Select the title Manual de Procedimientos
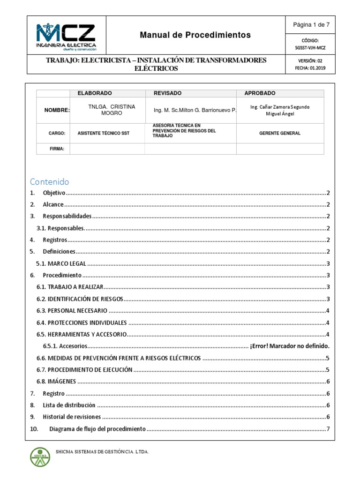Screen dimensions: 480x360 click(195, 35)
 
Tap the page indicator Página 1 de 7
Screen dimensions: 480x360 click(311, 25)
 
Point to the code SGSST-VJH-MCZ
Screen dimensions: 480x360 click(311, 48)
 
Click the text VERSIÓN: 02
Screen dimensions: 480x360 click(310, 61)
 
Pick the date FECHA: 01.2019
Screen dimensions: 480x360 click(310, 68)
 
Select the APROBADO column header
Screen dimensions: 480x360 click(260, 93)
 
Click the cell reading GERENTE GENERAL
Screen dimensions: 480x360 click(280, 134)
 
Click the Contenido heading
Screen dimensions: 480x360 click(49, 181)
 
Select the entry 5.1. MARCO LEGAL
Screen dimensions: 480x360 click(61, 263)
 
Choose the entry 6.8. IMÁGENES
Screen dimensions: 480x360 click(56, 382)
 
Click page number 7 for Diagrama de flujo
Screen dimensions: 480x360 click(329, 429)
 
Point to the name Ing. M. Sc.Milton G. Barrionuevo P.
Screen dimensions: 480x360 click(195, 110)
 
